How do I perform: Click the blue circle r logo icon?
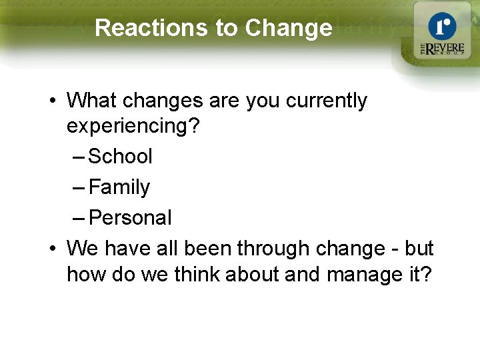point(441,27)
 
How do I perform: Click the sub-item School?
point(120,157)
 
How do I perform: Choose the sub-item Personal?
point(130,218)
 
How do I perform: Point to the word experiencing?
point(133,127)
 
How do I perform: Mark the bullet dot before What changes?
point(52,101)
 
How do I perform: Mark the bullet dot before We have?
point(52,249)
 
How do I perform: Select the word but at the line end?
point(419,249)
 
